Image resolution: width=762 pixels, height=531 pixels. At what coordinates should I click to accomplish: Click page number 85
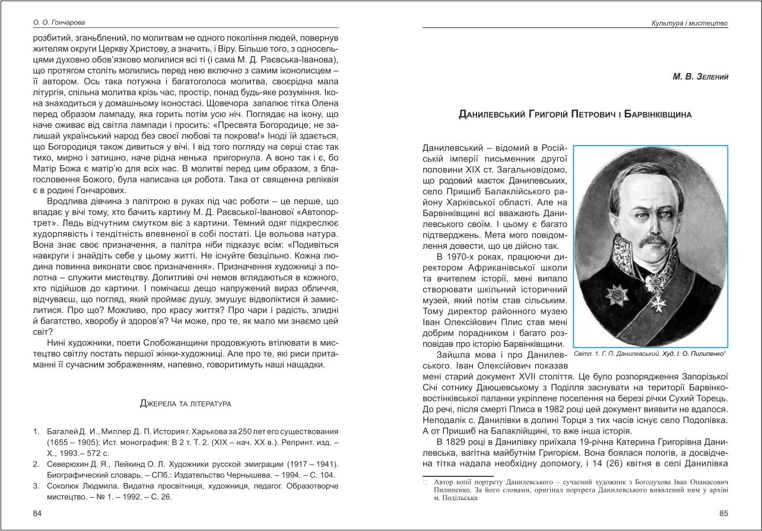coord(723,513)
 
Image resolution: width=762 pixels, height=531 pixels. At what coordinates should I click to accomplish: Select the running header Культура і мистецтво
coord(690,23)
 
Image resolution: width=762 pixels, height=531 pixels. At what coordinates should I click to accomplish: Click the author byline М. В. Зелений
coord(700,77)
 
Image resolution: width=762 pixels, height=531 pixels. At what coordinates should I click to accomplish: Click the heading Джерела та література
coord(185,404)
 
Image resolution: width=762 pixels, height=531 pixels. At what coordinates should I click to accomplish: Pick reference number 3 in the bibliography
coord(36,486)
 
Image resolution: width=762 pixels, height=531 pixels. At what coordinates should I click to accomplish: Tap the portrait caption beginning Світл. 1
coord(650,353)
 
